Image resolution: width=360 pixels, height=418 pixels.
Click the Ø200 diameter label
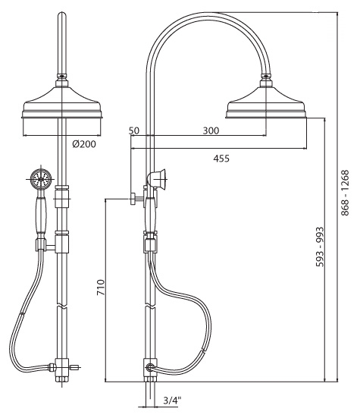click(84, 144)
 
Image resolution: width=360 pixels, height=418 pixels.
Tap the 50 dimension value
click(134, 130)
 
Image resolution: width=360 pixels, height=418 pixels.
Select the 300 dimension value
click(211, 130)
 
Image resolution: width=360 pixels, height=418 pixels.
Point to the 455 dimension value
click(221, 159)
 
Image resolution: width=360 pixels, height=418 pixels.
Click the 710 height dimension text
click(101, 287)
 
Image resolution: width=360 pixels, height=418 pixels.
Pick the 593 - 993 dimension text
click(320, 247)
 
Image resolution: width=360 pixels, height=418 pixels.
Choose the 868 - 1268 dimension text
click(345, 193)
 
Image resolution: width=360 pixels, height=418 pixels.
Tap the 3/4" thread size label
click(172, 400)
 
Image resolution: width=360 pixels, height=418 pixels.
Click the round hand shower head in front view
click(41, 179)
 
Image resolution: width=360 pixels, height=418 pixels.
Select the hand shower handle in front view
click(41, 215)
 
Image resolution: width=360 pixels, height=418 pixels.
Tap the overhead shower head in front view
click(62, 102)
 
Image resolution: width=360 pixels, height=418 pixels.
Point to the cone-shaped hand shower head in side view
click(157, 179)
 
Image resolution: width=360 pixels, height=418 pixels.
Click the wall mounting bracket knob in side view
click(133, 199)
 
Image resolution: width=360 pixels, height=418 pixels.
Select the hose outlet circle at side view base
click(151, 367)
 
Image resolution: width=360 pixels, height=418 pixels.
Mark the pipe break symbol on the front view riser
click(62, 306)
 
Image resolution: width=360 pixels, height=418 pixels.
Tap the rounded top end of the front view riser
click(62, 14)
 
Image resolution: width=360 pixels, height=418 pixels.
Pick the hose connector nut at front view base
click(52, 367)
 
